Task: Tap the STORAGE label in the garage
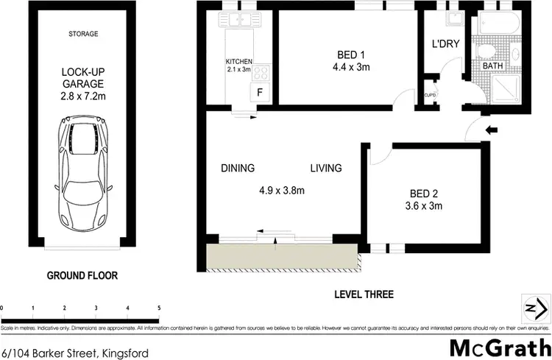[82, 34]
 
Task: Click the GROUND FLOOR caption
[82, 275]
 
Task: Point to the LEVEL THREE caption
[363, 294]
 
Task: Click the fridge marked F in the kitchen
[259, 92]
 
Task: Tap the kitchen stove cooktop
[262, 73]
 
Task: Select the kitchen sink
[241, 20]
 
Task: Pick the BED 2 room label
[425, 200]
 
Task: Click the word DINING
[238, 169]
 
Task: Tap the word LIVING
[325, 169]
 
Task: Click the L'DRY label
[445, 44]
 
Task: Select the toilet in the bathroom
[486, 51]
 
